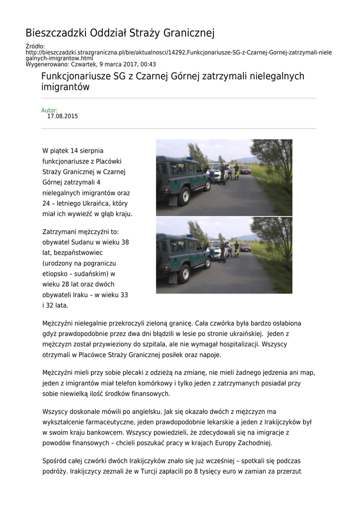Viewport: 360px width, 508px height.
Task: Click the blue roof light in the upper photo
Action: pos(189,158)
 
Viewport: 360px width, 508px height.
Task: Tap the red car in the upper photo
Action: pos(245,170)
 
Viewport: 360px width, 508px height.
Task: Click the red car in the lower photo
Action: pos(245,247)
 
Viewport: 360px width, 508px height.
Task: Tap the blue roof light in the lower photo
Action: pos(189,236)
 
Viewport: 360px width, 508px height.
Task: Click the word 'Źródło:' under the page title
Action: pos(35,47)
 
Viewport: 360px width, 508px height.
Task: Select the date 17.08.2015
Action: pos(63,117)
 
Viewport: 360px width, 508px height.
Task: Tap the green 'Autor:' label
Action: pos(49,110)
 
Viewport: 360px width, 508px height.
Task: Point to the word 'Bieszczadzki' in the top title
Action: pos(56,33)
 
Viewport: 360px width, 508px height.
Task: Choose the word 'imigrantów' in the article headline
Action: pos(65,87)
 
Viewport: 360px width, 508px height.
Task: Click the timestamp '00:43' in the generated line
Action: pos(148,64)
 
